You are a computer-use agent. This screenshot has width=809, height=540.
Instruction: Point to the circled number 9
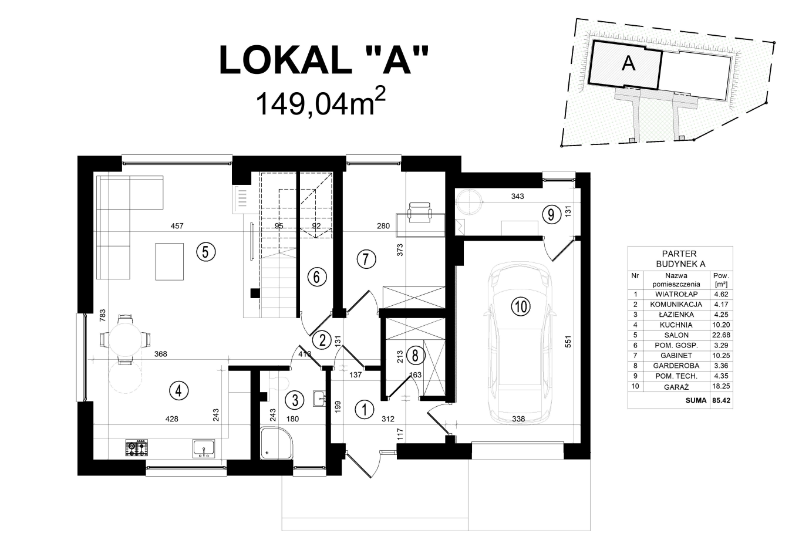(550, 214)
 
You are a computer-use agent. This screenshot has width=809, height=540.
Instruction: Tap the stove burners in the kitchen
(137, 448)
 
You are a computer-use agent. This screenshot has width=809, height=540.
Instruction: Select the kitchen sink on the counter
(204, 448)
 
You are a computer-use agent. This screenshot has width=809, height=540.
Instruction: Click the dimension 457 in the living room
(177, 226)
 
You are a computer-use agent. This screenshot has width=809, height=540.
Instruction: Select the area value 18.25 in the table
(720, 387)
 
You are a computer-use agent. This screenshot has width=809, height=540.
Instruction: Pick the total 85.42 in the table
(720, 401)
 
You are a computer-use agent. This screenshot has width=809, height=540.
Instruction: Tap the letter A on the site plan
(628, 63)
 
